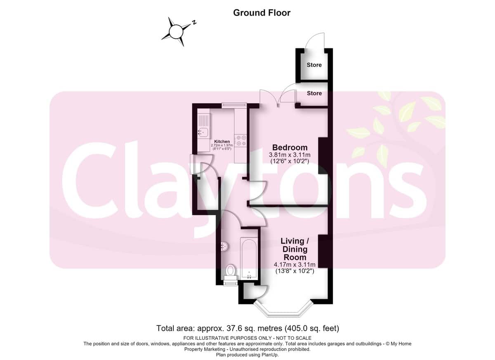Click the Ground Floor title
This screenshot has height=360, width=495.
[262, 13]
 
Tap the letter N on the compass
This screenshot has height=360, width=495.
[194, 22]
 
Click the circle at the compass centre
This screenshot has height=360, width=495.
[176, 32]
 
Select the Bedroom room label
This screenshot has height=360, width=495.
[290, 147]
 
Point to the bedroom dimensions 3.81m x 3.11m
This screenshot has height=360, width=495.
[290, 155]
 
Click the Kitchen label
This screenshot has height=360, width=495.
[222, 141]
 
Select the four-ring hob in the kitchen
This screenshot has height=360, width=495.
[240, 141]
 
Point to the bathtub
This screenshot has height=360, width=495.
[249, 259]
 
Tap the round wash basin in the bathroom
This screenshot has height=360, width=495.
[224, 246]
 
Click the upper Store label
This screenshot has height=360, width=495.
[314, 65]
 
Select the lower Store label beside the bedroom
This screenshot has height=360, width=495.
[314, 93]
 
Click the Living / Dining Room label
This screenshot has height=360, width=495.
[295, 249]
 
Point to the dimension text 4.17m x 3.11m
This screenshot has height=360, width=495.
[295, 264]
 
